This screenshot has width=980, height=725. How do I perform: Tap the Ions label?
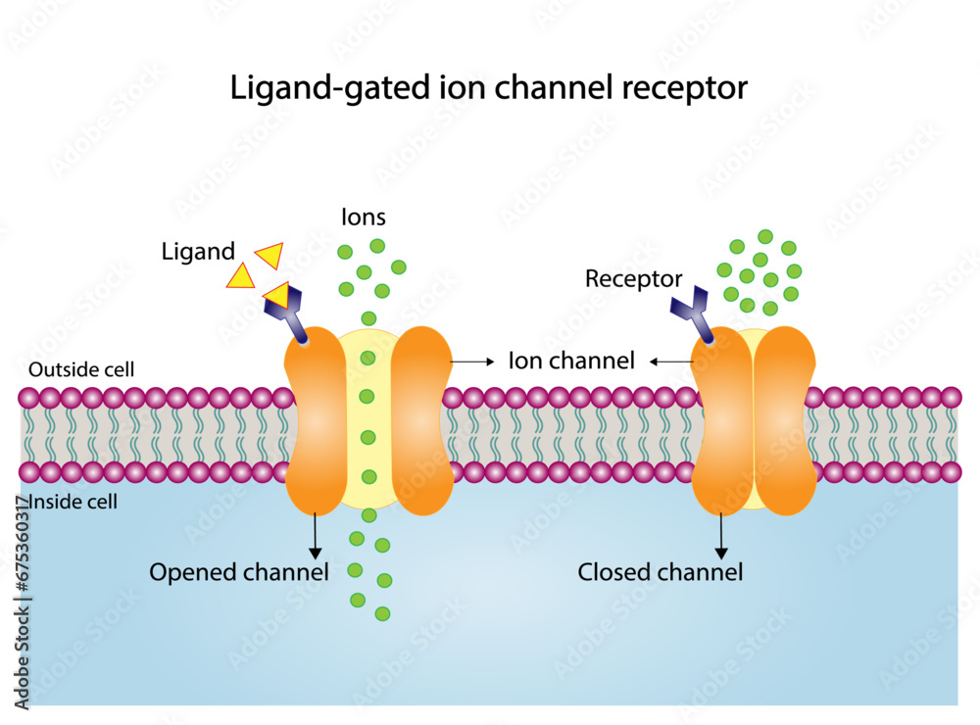(x=363, y=217)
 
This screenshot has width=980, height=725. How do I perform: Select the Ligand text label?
(x=198, y=252)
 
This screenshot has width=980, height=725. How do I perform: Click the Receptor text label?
(x=633, y=279)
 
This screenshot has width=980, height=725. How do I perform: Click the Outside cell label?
(x=81, y=370)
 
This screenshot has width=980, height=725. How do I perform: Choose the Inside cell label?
(x=74, y=503)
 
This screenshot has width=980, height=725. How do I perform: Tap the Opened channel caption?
(x=238, y=571)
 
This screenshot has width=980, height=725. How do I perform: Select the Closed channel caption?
(x=660, y=571)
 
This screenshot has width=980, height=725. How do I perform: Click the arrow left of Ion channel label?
(x=472, y=362)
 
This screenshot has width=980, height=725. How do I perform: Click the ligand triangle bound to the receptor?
(x=277, y=294)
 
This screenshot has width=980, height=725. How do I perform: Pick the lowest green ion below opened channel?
(x=383, y=613)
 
